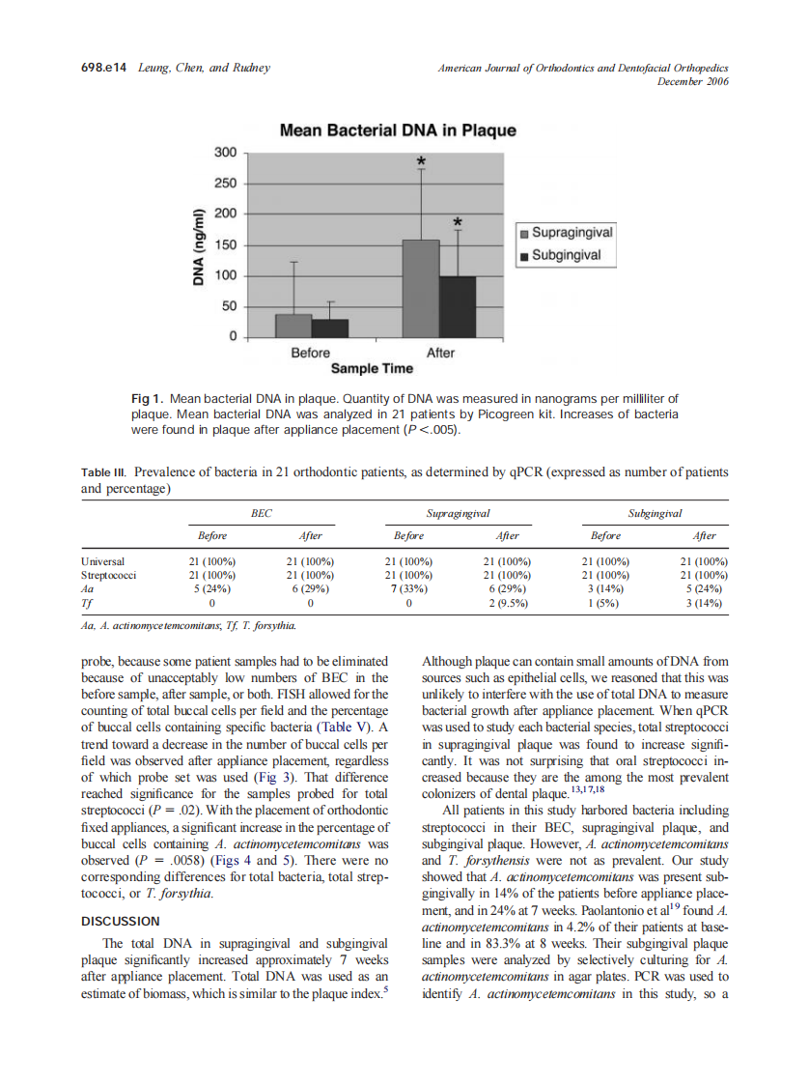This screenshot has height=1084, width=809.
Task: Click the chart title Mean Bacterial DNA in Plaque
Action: pos(397,130)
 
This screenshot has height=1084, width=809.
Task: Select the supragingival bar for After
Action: pos(420,289)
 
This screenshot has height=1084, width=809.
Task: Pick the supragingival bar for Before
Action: pos(293,326)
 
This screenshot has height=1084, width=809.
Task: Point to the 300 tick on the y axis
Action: pos(225,153)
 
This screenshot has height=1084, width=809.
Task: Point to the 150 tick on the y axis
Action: pos(225,244)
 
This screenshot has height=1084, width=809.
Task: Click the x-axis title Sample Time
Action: pos(372,369)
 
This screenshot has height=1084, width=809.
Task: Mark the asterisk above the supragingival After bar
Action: pos(421,161)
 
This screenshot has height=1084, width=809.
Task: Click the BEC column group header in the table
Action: pos(261,515)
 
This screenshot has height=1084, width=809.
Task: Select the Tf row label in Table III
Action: pos(87,603)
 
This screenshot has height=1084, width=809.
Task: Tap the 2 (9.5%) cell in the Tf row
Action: pos(507,603)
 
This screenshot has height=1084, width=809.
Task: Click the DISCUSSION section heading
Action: pos(121,921)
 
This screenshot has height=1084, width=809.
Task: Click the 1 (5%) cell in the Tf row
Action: pos(605,603)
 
